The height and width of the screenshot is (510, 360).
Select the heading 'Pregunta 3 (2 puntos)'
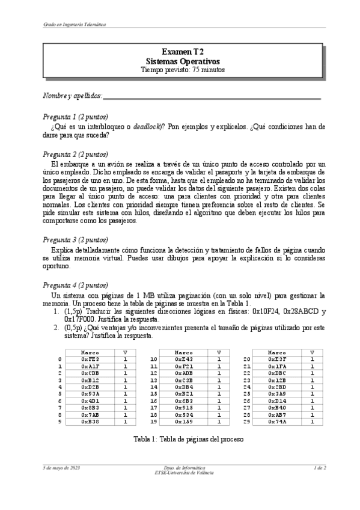pos(75,239)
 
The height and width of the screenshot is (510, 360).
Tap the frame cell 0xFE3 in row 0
pos(90,360)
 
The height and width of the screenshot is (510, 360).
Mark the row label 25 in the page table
pos(246,394)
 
